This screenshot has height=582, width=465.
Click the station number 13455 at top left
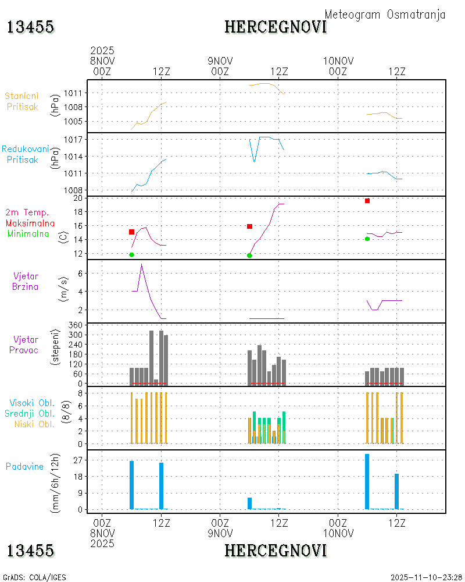point(31,27)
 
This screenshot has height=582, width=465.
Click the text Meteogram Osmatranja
point(385,15)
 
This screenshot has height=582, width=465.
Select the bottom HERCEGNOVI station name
point(276,550)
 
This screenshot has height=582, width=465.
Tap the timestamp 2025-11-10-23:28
point(426,577)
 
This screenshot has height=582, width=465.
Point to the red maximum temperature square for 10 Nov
point(367,201)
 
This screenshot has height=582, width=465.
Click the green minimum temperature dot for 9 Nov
point(249,255)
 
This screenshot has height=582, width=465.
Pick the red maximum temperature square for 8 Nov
point(132,232)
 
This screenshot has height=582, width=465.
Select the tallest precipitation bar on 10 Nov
point(367,481)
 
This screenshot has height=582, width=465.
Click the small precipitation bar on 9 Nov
point(250,503)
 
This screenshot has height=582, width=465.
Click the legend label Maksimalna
point(30,223)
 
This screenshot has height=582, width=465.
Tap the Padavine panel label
point(24,466)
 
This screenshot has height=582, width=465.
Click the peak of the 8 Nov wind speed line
point(141,265)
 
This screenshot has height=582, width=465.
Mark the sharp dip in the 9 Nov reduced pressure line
point(255,161)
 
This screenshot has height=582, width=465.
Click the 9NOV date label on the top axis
point(220,61)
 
